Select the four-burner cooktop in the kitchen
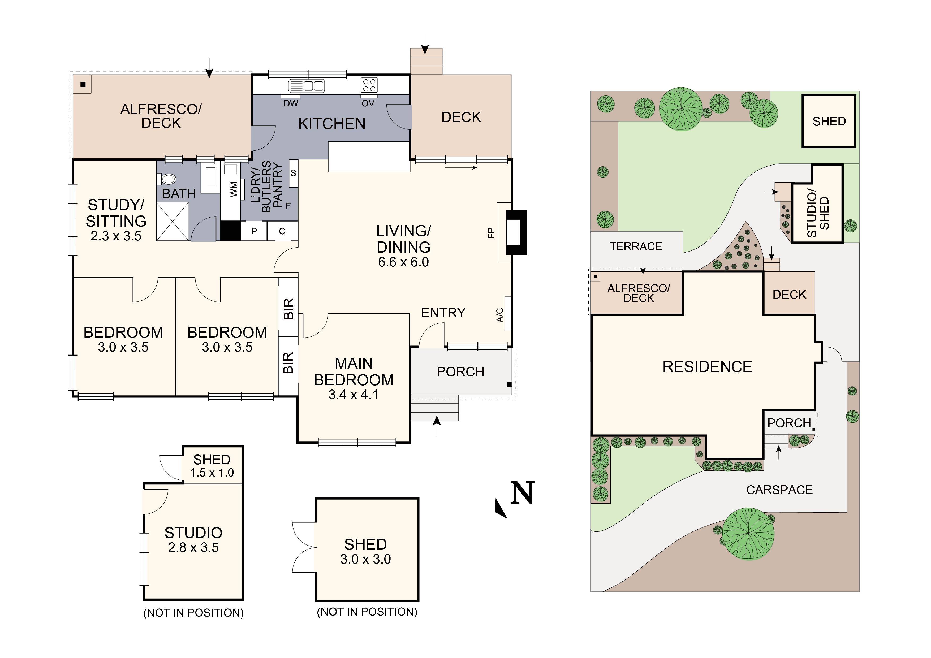pyautogui.click(x=369, y=85)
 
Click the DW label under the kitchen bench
pyautogui.click(x=291, y=103)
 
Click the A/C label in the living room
pyautogui.click(x=500, y=315)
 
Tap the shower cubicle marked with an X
pyautogui.click(x=173, y=221)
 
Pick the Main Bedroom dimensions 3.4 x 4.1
pyautogui.click(x=353, y=395)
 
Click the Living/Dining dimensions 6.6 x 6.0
pyautogui.click(x=403, y=262)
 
